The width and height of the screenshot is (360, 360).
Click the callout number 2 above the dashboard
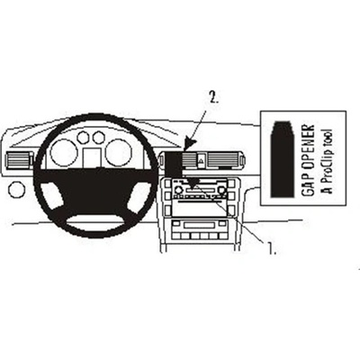pyautogui.click(x=214, y=98)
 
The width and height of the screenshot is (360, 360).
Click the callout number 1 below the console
pyautogui.click(x=272, y=248)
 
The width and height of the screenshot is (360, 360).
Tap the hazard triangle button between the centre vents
pyautogui.click(x=202, y=162)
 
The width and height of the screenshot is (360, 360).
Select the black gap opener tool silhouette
pyautogui.click(x=283, y=158)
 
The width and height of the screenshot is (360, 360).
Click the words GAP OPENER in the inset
pyautogui.click(x=308, y=160)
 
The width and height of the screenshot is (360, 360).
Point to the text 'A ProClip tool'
pyautogui.click(x=327, y=161)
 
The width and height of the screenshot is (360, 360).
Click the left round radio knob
pyautogui.click(x=178, y=190)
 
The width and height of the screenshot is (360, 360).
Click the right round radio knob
pyautogui.click(x=222, y=190)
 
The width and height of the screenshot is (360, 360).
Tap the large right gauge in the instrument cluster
pyautogui.click(x=118, y=153)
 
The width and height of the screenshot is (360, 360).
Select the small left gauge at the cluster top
pyautogui.click(x=83, y=138)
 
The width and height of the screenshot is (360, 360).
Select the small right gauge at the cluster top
pyautogui.click(x=98, y=138)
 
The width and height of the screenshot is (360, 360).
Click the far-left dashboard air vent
pyautogui.click(x=19, y=159)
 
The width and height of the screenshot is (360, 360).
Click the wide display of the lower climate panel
pyautogui.click(x=199, y=225)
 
